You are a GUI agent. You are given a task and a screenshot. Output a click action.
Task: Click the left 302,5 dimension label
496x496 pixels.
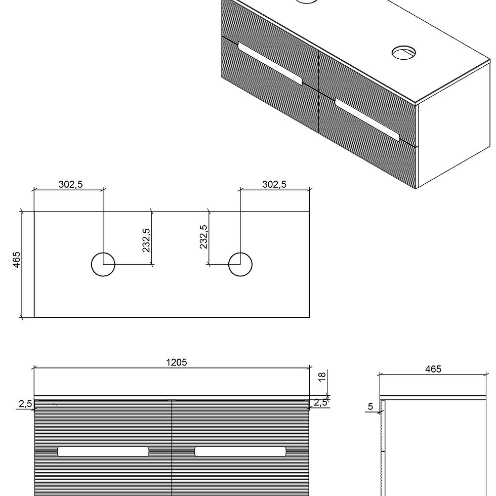[70, 184]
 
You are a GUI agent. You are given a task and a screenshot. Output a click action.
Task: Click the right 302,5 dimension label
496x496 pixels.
[274, 184]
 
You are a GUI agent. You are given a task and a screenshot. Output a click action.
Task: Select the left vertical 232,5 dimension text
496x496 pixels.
[146, 240]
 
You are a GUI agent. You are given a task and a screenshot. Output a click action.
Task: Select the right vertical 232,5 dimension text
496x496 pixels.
[203, 237]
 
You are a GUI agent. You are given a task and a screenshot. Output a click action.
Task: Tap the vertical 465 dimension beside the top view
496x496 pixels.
[17, 260]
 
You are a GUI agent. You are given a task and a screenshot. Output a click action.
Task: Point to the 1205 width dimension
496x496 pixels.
[176, 362]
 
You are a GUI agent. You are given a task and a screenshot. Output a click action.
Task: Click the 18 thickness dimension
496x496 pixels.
[322, 377]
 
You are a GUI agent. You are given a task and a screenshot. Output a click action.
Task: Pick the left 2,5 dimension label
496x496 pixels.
[26, 403]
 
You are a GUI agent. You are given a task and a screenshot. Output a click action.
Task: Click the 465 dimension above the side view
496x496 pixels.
[433, 369]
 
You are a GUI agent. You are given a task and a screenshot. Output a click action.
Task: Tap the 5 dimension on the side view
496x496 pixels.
[370, 406]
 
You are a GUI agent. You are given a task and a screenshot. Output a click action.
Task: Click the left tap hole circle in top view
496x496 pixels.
[103, 264]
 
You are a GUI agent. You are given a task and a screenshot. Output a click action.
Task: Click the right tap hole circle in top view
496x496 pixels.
[240, 264]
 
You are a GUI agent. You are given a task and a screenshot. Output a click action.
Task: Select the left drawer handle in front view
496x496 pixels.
[103, 451]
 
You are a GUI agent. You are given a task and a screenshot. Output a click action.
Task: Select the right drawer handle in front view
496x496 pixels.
[240, 451]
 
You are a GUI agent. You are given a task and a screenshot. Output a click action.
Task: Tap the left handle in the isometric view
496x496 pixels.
[269, 64]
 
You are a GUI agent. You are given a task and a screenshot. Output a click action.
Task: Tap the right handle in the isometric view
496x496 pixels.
[367, 119]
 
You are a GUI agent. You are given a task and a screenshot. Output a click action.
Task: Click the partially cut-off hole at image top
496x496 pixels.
[306, 2]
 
